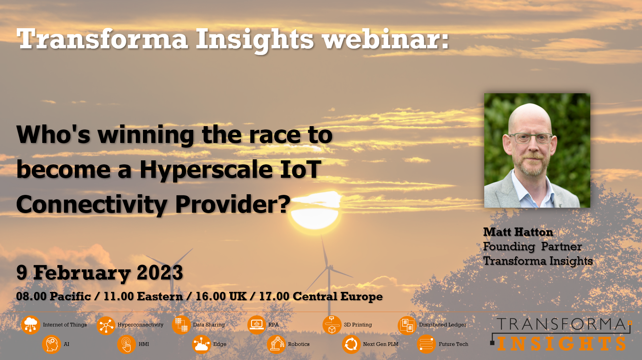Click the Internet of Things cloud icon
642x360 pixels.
coord(31,325)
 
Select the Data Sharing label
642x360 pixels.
coord(209,325)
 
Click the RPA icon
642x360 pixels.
coord(257,325)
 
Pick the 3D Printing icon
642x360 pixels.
coord(332,325)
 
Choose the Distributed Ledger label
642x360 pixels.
coord(443,325)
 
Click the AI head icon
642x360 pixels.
coord(51,344)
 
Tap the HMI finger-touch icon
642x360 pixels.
coord(127,344)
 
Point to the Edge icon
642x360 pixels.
coord(201,344)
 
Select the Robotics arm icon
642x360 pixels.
coord(276,344)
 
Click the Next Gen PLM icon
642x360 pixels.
coord(351,344)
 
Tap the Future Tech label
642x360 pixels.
coord(453,344)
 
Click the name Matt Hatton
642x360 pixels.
coord(518,232)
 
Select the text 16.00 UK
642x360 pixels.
coord(221,296)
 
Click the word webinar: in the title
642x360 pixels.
coord(385,39)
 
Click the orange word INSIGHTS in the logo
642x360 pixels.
coord(562,344)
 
